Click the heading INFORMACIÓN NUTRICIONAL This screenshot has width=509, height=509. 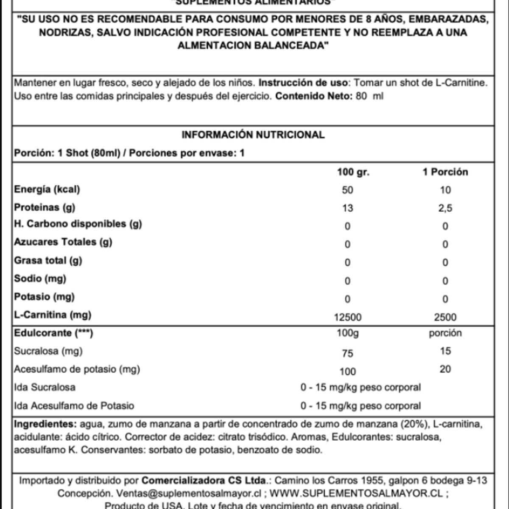click(253, 135)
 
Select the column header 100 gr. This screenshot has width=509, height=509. click(353, 172)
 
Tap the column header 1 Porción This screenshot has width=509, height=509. click(445, 172)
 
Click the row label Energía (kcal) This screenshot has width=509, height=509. click(47, 190)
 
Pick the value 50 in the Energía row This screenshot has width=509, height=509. click(347, 190)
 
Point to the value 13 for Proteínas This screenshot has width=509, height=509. click(347, 208)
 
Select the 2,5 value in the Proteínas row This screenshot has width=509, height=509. click(445, 208)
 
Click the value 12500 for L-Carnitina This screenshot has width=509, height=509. click(347, 317)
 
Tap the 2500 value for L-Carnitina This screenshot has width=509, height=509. click(445, 317)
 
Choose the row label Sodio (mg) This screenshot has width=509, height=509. click(40, 279)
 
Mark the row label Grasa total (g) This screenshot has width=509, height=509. click(48, 260)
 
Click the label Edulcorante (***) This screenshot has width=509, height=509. click(53, 333)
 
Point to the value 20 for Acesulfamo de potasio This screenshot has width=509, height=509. click(445, 369)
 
